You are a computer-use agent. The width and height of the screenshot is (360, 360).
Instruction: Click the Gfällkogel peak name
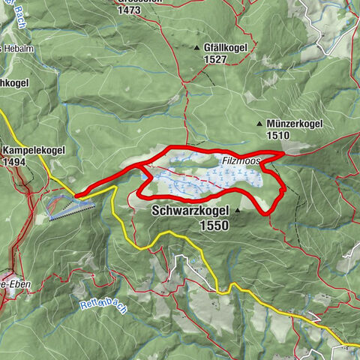226,46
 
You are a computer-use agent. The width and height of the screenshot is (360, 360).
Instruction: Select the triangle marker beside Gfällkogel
197,46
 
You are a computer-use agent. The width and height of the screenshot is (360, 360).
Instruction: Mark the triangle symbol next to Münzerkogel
259,123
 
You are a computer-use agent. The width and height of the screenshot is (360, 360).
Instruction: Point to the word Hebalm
19,49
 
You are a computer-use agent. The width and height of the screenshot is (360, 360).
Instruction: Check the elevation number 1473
129,10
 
